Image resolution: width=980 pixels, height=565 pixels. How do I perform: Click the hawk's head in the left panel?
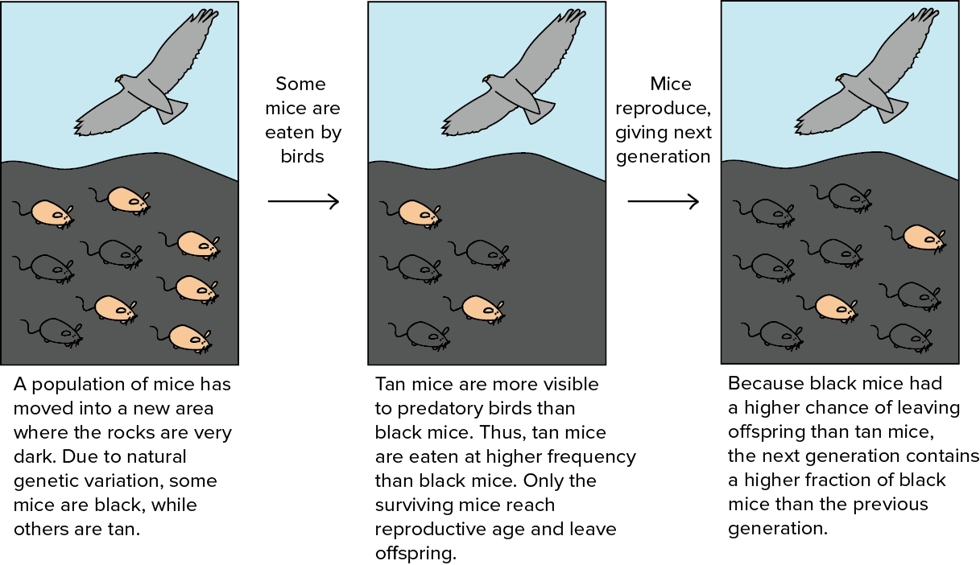coord(122,80)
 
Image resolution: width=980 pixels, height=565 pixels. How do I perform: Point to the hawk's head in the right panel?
coord(842,80)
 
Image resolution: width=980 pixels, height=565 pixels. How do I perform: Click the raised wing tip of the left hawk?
coord(208,16)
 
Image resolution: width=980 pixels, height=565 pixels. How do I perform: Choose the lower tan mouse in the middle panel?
coord(481,307)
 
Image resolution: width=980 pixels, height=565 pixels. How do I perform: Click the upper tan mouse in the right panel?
coord(922,237)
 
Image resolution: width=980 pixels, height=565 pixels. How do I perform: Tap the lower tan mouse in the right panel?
coord(834,307)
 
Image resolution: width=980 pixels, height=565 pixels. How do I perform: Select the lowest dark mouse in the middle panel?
coord(427,334)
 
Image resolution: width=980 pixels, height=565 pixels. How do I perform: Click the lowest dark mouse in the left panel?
coord(59,331)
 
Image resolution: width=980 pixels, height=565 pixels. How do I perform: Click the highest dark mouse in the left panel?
coord(120,253)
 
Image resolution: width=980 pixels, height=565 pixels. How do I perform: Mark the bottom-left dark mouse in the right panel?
coord(779,334)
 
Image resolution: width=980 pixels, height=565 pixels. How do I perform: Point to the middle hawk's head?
coord(490,80)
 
